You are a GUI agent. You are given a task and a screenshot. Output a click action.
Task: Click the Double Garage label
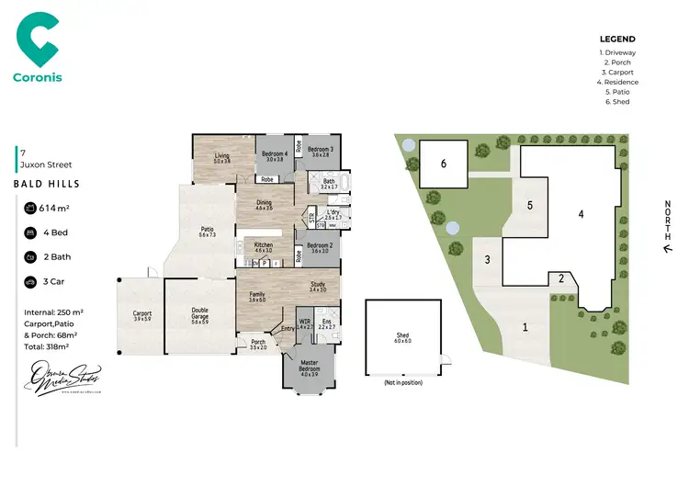(x=199, y=314)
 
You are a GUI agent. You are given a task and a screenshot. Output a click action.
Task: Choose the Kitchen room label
(x=264, y=246)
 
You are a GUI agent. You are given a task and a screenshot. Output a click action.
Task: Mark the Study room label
(x=318, y=286)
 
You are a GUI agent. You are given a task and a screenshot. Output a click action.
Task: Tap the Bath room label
(x=329, y=183)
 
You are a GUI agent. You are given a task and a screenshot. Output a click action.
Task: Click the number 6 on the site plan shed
(x=443, y=164)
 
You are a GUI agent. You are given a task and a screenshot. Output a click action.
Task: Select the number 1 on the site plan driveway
(x=525, y=326)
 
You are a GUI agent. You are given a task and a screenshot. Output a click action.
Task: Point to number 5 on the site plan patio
(x=530, y=205)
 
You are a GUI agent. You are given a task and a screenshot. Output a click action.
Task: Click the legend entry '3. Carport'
(x=617, y=72)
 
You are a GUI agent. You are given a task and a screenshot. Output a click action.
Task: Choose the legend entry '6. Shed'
(x=617, y=102)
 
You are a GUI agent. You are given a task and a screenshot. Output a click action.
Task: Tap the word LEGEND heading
(x=617, y=40)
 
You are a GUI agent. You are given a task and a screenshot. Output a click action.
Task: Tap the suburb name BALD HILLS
(x=47, y=184)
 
